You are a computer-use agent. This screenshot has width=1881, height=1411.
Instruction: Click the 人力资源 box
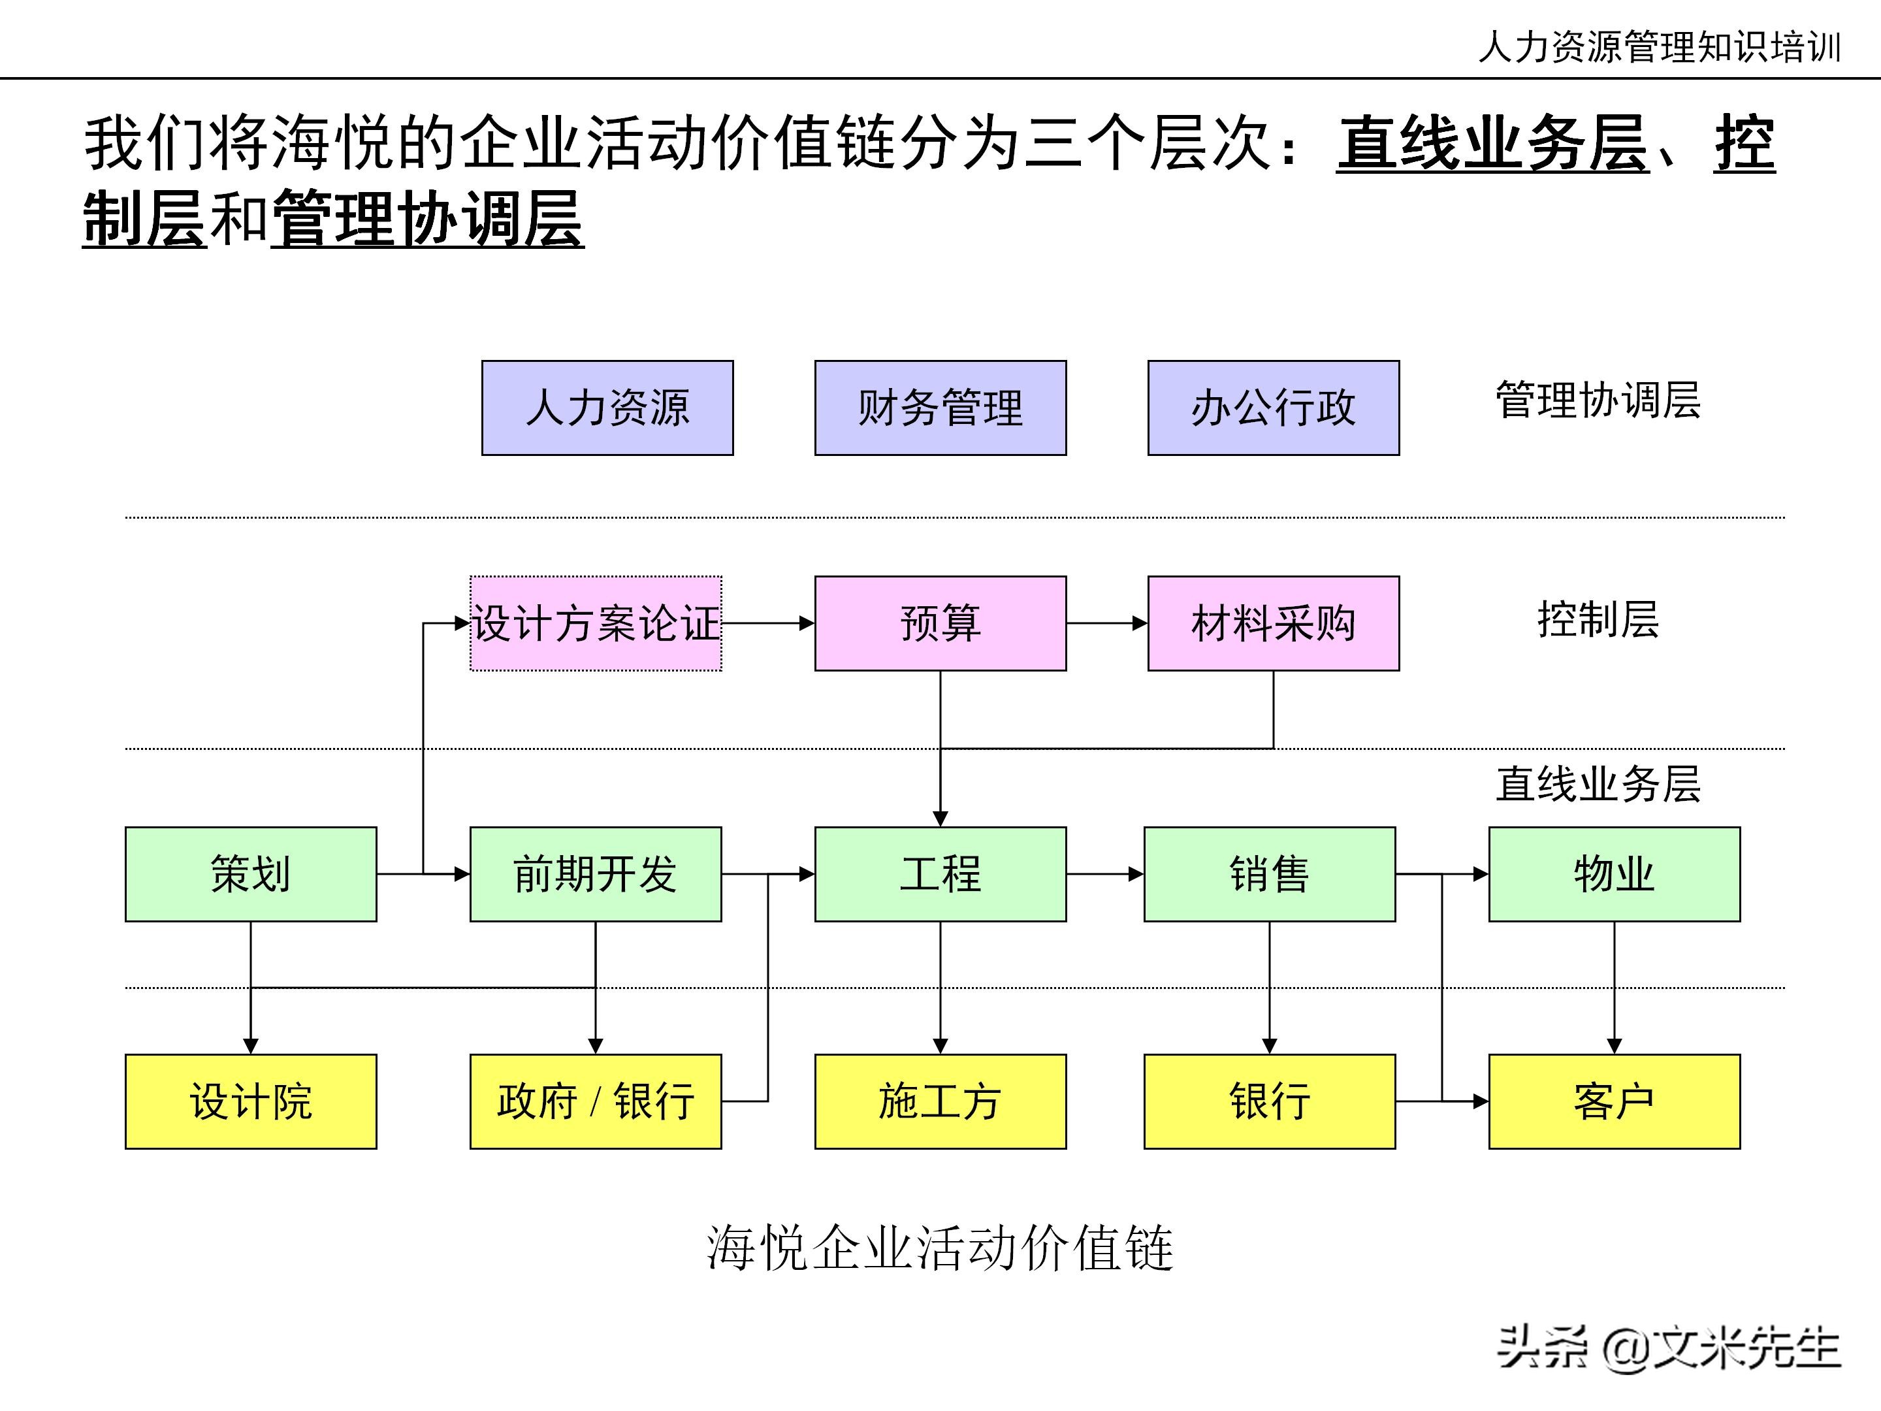click(607, 408)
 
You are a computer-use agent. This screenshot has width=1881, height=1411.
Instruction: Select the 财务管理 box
click(940, 408)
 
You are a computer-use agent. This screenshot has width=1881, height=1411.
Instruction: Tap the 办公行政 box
click(1273, 408)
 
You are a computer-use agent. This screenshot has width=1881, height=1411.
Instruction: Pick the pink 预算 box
click(940, 623)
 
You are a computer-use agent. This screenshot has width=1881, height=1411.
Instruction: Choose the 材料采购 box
click(1273, 623)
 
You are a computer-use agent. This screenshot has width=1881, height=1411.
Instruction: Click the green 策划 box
click(251, 873)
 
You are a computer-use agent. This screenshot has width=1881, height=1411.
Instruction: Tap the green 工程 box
click(940, 873)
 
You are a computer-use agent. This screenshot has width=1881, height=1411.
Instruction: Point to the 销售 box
click(1269, 873)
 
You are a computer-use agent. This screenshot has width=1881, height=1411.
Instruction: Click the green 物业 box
click(1614, 873)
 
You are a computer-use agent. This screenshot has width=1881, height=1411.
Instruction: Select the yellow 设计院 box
click(251, 1101)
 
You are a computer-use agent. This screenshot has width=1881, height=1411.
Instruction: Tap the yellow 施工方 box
click(940, 1101)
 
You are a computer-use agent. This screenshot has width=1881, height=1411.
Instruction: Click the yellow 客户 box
click(1614, 1101)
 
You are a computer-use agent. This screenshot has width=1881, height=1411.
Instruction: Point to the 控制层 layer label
click(1598, 619)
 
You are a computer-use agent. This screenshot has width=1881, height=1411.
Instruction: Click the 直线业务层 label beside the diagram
click(1598, 783)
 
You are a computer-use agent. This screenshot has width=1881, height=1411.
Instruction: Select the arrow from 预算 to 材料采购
click(1106, 623)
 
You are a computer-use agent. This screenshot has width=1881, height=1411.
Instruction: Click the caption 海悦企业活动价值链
click(940, 1248)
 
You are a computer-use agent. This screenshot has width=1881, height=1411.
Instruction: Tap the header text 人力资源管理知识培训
click(1659, 47)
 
